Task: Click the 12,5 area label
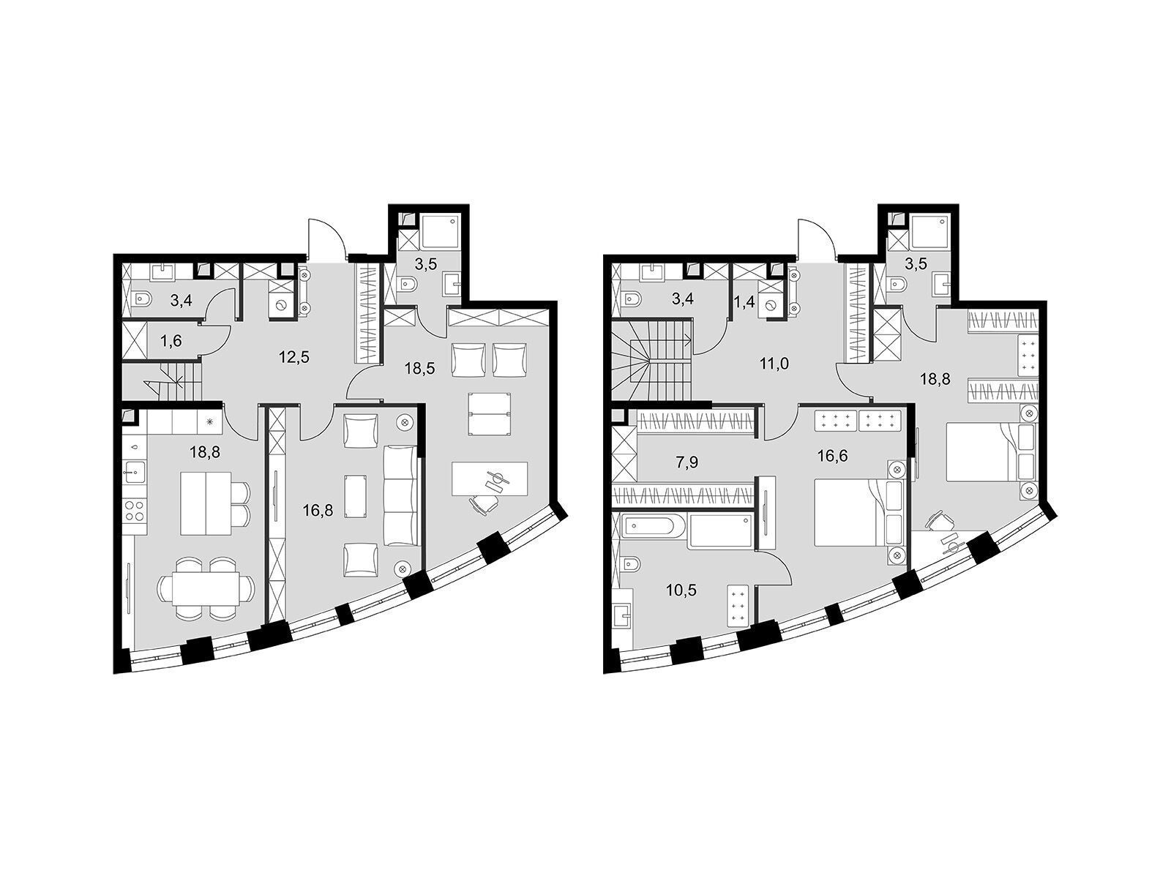click(x=294, y=356)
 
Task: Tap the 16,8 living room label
click(x=318, y=511)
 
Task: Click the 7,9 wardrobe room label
click(x=686, y=462)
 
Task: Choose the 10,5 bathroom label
click(x=682, y=590)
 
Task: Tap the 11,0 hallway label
click(x=774, y=364)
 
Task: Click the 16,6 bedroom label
click(x=833, y=455)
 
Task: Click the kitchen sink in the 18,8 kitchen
click(x=134, y=471)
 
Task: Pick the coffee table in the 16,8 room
click(x=356, y=496)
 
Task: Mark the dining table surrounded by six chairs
click(x=205, y=589)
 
